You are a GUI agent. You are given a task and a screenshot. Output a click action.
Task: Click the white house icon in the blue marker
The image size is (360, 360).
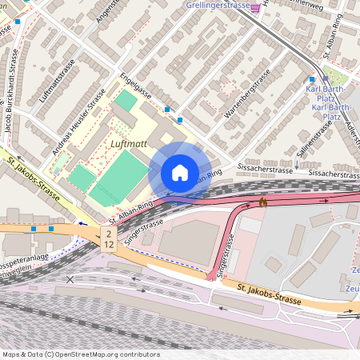click(x=179, y=172)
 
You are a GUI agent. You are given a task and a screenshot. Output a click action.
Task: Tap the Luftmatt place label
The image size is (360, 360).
click(x=128, y=144)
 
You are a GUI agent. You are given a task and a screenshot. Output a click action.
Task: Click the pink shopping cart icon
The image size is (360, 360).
click(x=255, y=7)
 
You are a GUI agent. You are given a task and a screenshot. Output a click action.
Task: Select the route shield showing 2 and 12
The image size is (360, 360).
click(x=108, y=238)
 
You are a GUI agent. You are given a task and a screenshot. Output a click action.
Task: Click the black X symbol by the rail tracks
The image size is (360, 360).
click(x=70, y=279)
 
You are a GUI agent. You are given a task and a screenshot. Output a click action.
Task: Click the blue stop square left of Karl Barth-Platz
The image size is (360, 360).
click(x=311, y=79)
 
